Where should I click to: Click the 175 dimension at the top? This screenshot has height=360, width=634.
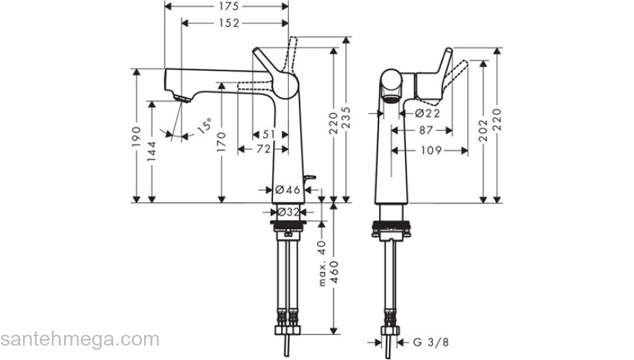coord(227,6)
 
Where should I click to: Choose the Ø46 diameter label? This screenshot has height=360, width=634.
coord(287,190)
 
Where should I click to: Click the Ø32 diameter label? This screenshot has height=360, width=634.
coord(288,212)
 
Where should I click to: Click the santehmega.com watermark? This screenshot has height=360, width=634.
coord(79,339)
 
